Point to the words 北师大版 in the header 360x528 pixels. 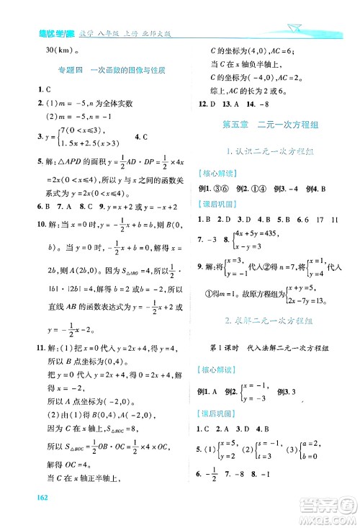coord(158,30)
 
